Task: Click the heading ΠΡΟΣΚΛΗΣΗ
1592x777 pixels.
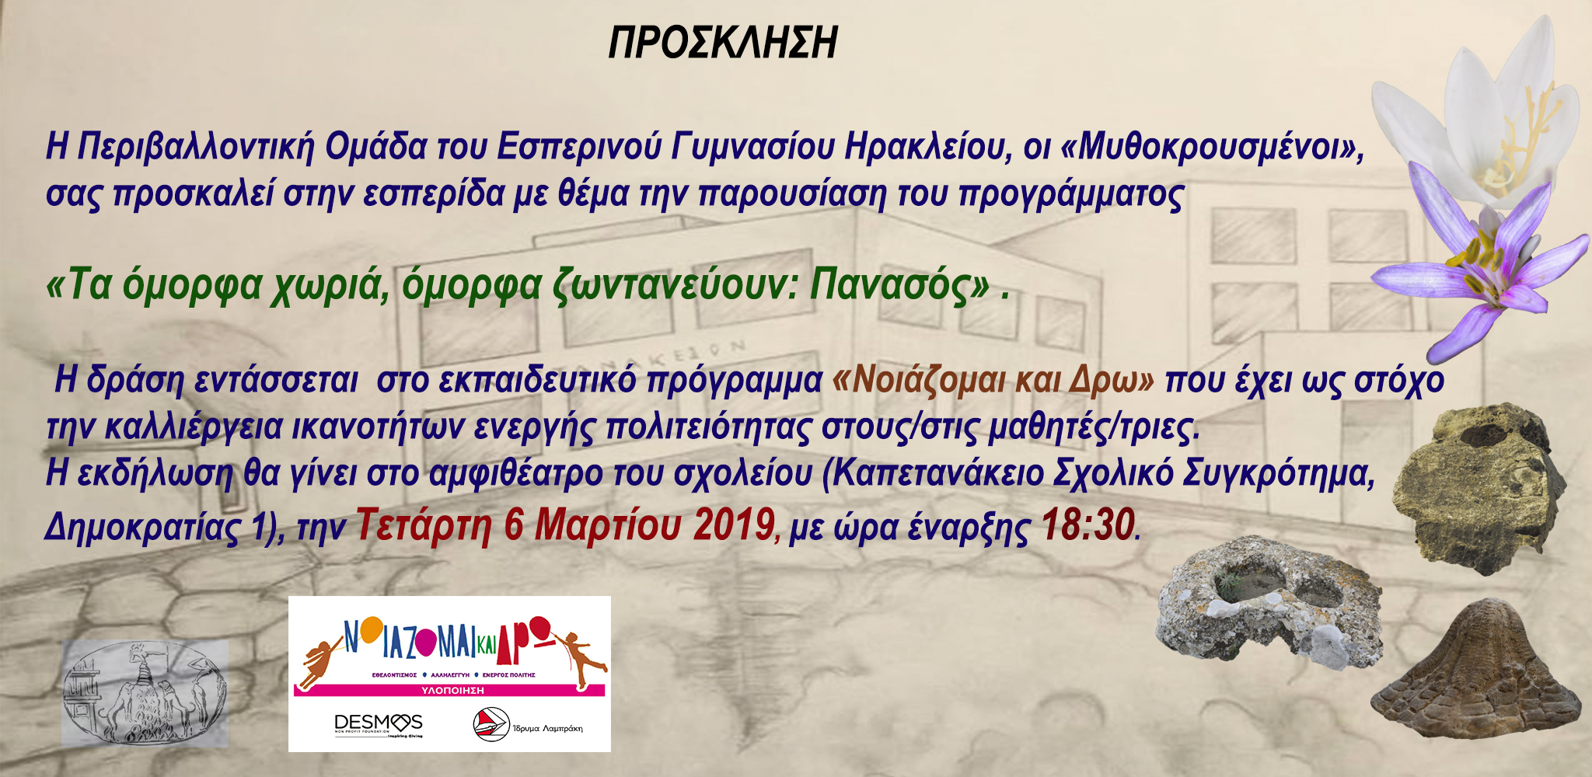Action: (x=722, y=43)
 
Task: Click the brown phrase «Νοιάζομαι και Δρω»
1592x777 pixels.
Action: (x=993, y=380)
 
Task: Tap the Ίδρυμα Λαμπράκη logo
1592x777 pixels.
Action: (x=528, y=724)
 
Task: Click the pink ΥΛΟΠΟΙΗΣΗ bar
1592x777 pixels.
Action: (x=449, y=690)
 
